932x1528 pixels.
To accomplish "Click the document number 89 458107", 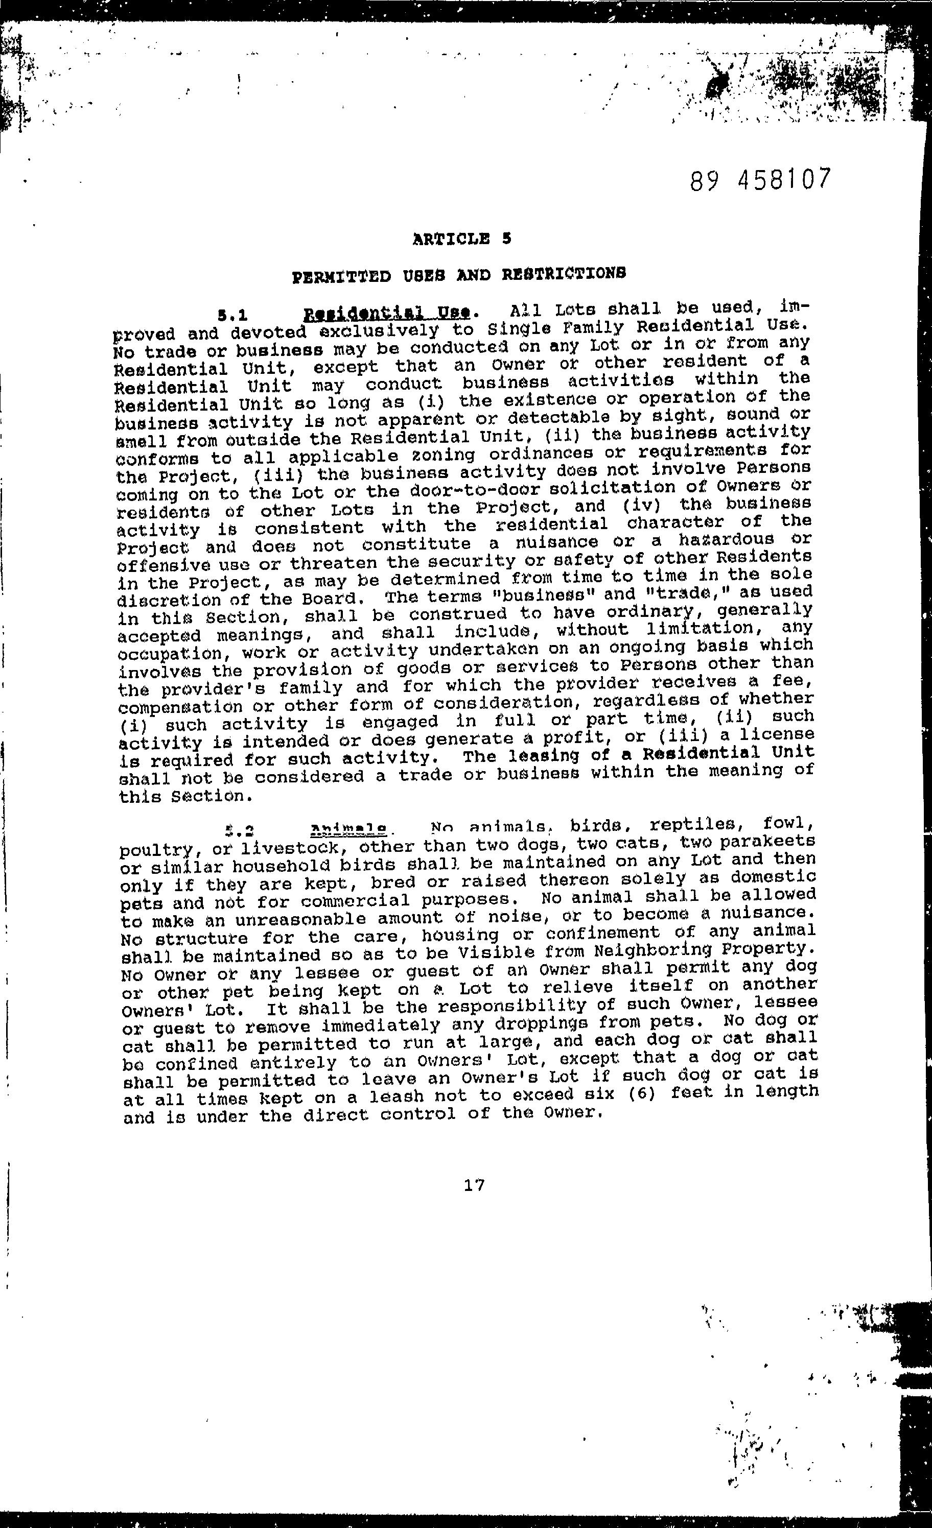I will (x=759, y=180).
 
